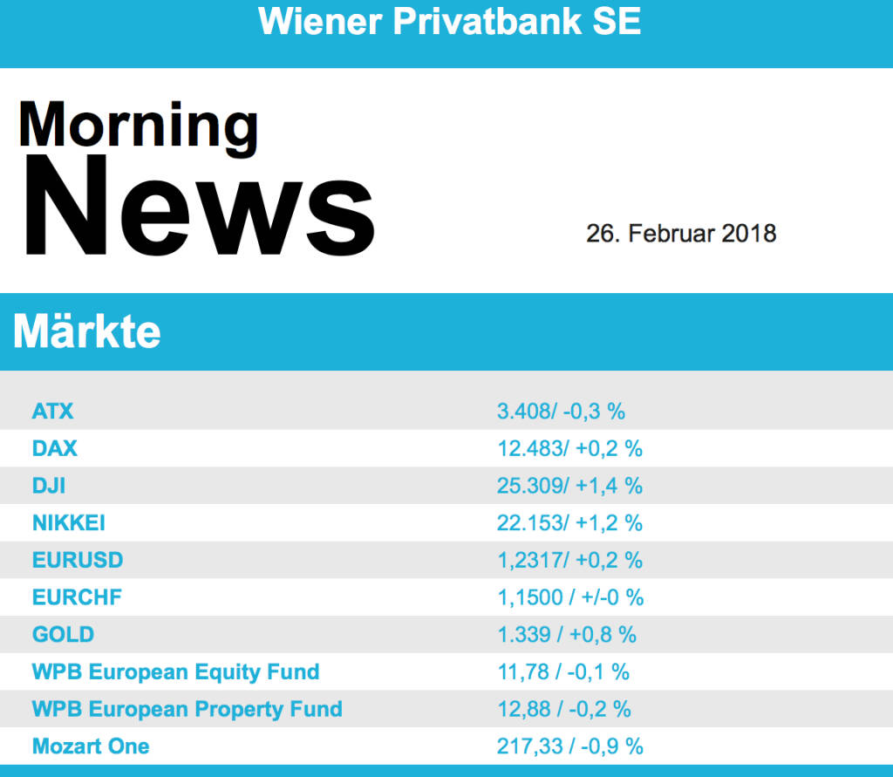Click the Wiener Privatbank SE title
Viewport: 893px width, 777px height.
coord(449,22)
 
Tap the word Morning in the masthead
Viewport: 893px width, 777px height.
coord(138,125)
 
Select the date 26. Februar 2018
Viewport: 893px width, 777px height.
coord(681,234)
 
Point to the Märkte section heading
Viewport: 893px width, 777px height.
coord(87,332)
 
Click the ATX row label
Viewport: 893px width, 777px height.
coord(52,411)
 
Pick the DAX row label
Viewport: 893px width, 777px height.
coord(54,448)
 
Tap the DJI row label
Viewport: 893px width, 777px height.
coord(49,486)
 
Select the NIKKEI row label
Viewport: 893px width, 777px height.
coord(69,523)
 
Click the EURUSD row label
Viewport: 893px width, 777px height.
coord(78,560)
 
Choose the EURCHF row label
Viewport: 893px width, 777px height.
coord(77,597)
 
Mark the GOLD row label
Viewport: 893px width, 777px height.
coord(63,634)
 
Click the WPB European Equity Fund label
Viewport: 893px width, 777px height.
coord(175,671)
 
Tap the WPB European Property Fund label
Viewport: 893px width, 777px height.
coord(187,709)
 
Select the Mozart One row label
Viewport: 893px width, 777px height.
coord(91,746)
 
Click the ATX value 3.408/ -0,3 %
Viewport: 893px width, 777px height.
coord(562,411)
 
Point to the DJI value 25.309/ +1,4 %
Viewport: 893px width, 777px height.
coord(569,486)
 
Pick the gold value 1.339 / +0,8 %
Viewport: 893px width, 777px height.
coord(567,634)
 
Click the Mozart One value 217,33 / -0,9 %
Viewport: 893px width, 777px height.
coord(569,746)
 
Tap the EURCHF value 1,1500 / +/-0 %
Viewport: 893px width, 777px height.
coord(570,597)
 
